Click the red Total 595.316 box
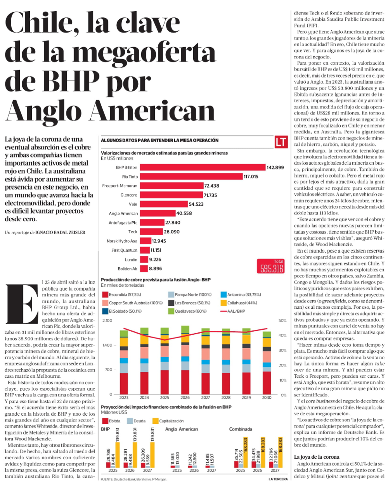pos(270,266)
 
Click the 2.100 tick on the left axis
pos(107,320)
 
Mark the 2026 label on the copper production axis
pos(185,398)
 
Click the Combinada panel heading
pos(241,429)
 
